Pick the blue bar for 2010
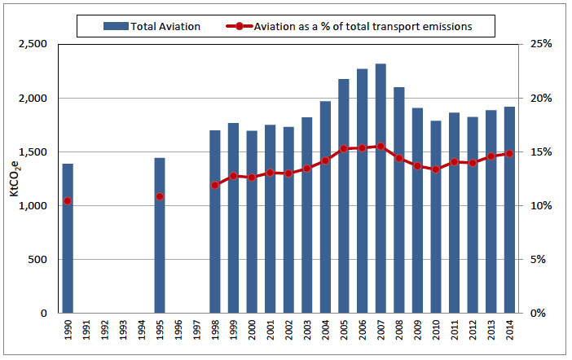pos(436,236)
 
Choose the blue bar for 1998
pos(215,236)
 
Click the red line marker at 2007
pos(381,147)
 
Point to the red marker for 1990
pos(68,201)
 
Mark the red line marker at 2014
pos(509,153)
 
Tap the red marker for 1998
pos(215,185)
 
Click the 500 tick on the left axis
pos(41,260)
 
